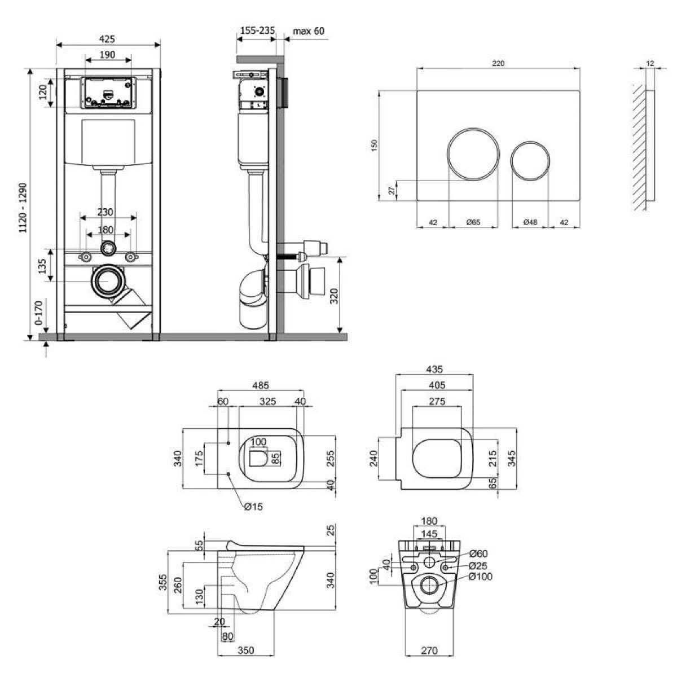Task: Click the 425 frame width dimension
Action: coord(107,39)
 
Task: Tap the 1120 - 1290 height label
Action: coord(23,208)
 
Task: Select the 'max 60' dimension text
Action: coord(309,31)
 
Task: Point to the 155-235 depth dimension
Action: coord(257,30)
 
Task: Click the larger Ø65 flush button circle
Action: coord(473,154)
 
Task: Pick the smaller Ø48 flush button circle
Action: coord(530,161)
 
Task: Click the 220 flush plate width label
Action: coord(498,63)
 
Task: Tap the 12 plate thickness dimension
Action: coord(650,63)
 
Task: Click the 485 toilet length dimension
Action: coord(261,385)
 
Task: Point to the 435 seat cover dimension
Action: coord(434,369)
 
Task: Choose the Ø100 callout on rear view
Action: coord(480,576)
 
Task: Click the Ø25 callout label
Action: coord(478,566)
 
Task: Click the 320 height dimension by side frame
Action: coord(334,296)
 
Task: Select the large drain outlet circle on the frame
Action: coord(108,281)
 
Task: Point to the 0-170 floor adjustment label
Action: coord(38,313)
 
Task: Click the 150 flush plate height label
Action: coord(374,146)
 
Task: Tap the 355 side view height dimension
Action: coord(163,582)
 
